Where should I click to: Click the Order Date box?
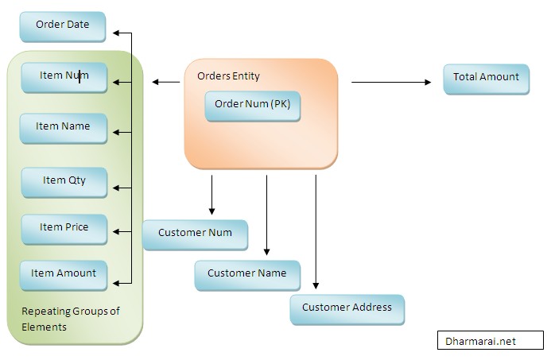pos(62,25)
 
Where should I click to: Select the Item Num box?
pos(64,76)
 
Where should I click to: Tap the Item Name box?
pos(64,127)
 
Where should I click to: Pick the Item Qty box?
pos(64,181)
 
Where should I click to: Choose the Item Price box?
pos(64,228)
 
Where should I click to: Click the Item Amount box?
pos(63,274)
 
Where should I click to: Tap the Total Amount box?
pos(486,78)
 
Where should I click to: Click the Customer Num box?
pos(195,234)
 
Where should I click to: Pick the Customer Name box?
pos(246,274)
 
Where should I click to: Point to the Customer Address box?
pos(347,308)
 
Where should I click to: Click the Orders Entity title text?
pos(228,76)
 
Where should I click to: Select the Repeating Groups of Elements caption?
pos(70,319)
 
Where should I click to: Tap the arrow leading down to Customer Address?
pos(316,230)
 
